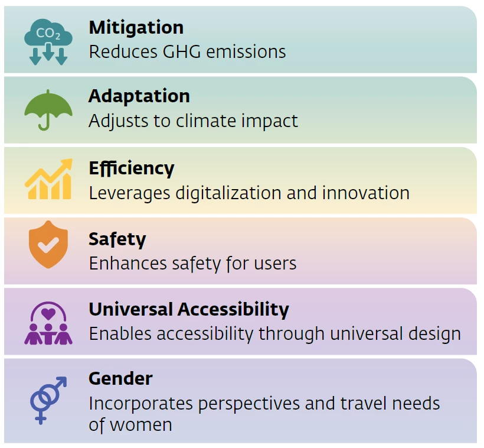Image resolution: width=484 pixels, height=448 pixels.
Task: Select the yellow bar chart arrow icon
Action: [x=49, y=179]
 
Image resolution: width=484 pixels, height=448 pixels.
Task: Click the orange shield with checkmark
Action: [x=48, y=244]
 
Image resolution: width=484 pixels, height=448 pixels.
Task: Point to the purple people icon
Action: [x=48, y=323]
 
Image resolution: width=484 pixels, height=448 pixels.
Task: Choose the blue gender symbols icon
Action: [x=48, y=400]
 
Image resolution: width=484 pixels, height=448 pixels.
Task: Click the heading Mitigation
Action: [x=136, y=28]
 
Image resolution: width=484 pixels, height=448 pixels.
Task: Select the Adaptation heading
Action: [x=139, y=96]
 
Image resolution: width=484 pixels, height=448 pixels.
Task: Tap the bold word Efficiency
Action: [x=132, y=168]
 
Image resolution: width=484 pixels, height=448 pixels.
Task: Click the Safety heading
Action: [x=117, y=239]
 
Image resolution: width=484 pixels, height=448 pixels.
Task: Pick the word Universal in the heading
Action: [x=131, y=309]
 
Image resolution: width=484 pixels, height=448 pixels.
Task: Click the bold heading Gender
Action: [x=120, y=378]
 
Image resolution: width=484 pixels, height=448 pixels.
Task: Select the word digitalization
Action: [x=228, y=193]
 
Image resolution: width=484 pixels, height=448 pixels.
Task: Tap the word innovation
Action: [x=366, y=193]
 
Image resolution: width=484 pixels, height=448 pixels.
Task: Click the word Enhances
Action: [x=128, y=264]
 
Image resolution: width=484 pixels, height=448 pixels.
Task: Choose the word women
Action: [x=141, y=426]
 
